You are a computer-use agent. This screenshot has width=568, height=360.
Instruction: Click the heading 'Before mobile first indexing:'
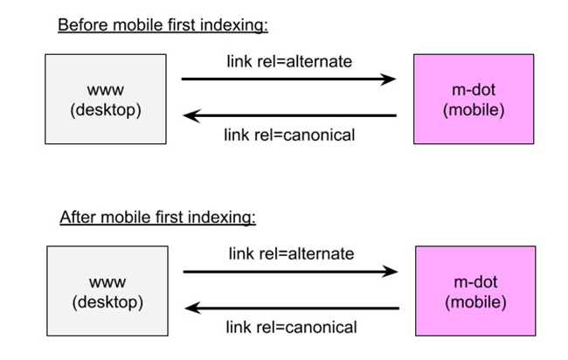tap(163, 24)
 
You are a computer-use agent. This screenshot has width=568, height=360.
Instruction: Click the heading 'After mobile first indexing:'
tap(157, 217)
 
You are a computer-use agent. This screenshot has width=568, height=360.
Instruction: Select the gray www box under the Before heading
tap(105, 99)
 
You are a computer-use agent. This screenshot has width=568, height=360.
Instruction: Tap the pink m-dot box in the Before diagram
tap(473, 99)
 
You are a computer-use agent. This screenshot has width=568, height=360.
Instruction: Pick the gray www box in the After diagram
tap(107, 291)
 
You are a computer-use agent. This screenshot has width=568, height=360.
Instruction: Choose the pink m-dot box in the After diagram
tap(474, 291)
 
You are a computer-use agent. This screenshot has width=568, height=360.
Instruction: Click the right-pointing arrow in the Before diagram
tap(288, 80)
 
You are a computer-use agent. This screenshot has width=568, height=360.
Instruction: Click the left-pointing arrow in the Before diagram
tap(288, 115)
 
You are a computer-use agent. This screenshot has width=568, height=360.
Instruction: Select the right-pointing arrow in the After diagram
tap(290, 272)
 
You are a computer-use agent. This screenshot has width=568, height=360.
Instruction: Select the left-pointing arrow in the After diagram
tap(291, 308)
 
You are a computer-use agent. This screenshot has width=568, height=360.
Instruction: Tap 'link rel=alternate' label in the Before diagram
tap(289, 61)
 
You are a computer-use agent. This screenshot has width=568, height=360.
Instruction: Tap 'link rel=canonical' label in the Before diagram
tap(289, 135)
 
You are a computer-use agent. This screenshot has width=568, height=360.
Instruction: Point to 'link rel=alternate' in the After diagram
tap(291, 253)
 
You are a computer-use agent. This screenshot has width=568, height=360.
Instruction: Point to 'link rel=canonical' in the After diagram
tap(291, 328)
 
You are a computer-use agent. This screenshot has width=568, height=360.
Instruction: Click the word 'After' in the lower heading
tap(77, 217)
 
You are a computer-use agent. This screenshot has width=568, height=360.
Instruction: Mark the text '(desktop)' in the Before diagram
tap(105, 111)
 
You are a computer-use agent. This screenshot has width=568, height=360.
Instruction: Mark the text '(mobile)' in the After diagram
tap(474, 303)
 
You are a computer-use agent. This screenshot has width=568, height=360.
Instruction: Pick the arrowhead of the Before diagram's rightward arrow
tap(389, 80)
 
